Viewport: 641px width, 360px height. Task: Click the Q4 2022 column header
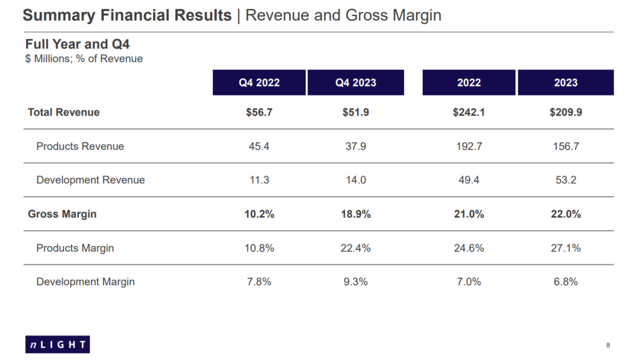point(259,82)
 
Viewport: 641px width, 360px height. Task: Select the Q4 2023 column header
point(356,82)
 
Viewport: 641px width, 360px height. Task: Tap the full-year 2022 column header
point(469,82)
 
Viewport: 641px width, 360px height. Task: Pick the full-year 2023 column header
point(566,82)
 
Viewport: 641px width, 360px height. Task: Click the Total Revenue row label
point(64,112)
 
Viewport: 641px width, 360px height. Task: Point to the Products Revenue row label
point(80,146)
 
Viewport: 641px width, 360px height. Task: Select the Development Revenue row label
point(90,180)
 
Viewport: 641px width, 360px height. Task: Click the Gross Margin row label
point(62,214)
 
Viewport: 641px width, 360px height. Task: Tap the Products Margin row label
point(75,248)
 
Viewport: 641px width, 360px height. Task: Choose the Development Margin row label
point(85,282)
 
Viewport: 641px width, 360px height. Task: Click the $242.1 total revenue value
point(469,112)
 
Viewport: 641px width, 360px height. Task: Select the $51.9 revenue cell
point(356,112)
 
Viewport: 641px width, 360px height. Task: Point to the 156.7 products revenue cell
point(566,146)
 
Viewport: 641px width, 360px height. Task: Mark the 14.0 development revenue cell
point(356,180)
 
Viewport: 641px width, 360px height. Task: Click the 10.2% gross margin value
point(259,214)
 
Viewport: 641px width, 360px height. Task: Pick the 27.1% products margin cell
point(566,248)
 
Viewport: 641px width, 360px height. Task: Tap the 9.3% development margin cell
point(356,282)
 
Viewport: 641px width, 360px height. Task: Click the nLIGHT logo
point(58,344)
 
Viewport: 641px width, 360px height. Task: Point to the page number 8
point(608,345)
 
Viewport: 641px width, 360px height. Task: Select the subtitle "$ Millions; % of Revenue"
point(84,59)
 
